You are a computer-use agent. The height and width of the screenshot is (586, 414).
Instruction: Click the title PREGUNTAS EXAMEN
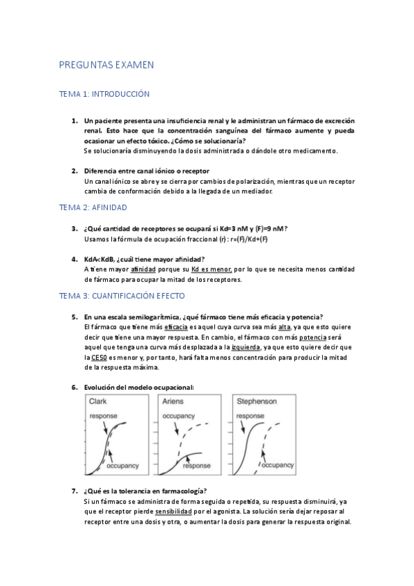[106, 65]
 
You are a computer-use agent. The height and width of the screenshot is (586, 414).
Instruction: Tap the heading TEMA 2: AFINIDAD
[93, 207]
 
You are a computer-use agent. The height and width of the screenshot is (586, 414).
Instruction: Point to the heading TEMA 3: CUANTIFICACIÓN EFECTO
[122, 296]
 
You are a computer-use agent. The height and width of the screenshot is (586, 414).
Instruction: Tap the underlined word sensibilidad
[178, 511]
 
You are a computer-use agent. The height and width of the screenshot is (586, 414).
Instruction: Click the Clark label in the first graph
[98, 401]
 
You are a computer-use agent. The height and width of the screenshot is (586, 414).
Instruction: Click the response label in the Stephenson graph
[251, 416]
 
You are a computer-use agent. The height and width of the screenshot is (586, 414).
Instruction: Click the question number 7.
[75, 491]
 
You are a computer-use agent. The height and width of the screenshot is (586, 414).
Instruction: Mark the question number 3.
[75, 229]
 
